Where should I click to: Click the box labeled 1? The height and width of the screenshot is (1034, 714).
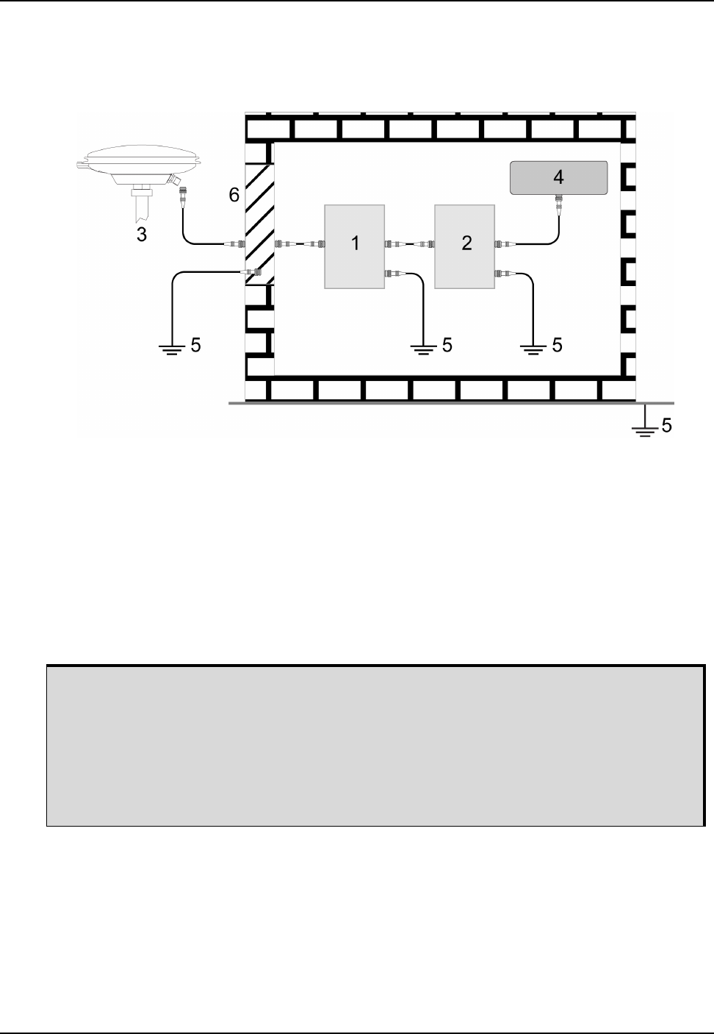355,246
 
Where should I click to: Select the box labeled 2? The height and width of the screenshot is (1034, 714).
465,246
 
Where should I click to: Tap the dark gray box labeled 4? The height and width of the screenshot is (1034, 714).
559,177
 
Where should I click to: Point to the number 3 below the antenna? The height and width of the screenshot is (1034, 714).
143,235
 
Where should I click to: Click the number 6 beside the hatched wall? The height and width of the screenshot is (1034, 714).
234,195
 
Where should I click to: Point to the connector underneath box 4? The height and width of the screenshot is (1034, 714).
559,201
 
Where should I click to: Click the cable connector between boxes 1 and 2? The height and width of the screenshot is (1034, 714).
409,243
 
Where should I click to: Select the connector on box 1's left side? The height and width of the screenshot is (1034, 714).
317,243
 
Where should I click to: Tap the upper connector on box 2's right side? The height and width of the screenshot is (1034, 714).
502,243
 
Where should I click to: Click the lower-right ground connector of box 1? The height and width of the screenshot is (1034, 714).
392,274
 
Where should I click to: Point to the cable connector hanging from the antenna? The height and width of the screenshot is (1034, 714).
183,196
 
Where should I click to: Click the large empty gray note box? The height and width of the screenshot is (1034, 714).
375,746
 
